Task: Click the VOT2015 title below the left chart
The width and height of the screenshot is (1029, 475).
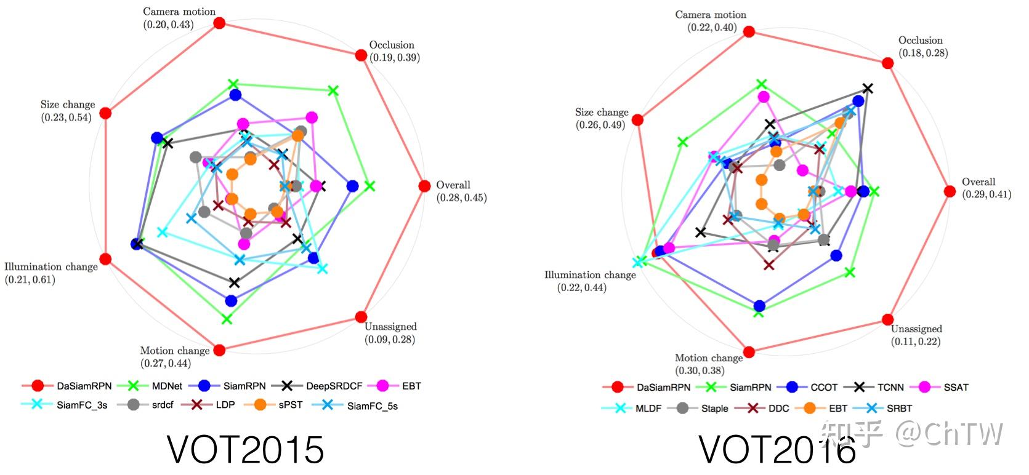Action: tap(245, 450)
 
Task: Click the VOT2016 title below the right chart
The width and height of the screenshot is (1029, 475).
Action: tap(777, 450)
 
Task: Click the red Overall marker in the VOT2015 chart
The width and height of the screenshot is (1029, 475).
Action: tap(424, 186)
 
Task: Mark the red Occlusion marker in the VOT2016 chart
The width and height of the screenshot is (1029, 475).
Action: tap(887, 63)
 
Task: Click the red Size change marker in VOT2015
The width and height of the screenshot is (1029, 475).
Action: tap(105, 113)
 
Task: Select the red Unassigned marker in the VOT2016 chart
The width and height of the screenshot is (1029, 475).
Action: tap(887, 319)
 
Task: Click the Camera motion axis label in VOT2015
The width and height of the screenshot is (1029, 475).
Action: tap(179, 12)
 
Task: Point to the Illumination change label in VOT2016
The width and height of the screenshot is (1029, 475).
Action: tap(589, 275)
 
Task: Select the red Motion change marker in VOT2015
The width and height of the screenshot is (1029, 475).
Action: tap(219, 350)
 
